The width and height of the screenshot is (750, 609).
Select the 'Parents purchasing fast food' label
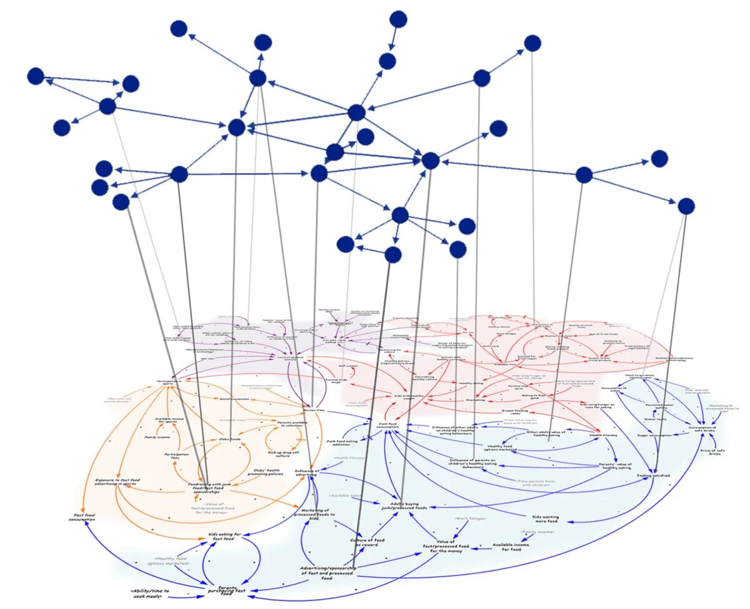[x=227, y=590]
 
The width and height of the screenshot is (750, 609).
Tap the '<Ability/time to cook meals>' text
[x=150, y=593]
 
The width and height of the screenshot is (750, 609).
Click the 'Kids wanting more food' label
[x=546, y=518]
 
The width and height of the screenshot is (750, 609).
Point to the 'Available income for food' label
[x=511, y=547]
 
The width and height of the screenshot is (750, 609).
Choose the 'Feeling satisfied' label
[x=654, y=475]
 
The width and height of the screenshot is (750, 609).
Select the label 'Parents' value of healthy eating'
[x=616, y=467]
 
